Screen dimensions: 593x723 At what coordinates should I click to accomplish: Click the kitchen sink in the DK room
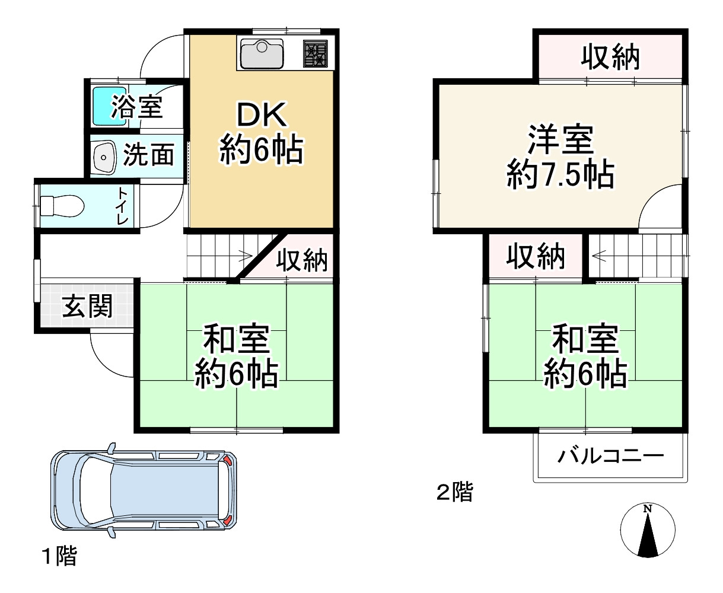262,55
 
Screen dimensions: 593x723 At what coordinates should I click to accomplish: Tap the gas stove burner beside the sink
316,54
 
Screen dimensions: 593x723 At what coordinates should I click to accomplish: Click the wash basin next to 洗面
104,158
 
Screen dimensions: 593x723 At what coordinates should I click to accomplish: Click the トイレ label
123,206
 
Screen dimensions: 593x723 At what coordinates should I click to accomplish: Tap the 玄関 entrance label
88,307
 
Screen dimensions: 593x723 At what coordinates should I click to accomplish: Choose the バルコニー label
610,457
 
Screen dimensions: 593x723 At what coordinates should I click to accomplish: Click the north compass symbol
648,531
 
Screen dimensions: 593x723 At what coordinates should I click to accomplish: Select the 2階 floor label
455,492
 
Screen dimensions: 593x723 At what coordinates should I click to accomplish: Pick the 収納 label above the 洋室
610,58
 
